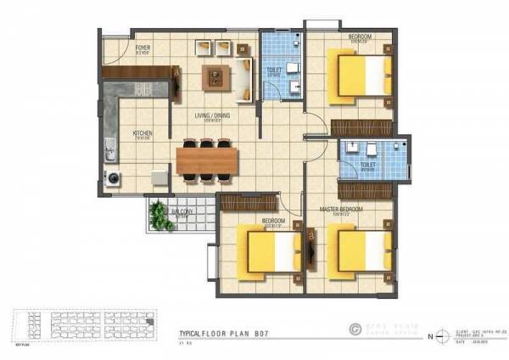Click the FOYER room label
click(x=143, y=48)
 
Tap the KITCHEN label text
click(x=142, y=133)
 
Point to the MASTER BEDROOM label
click(x=341, y=208)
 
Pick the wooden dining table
click(x=209, y=159)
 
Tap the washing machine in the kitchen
click(x=113, y=177)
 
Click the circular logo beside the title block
click(x=355, y=327)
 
